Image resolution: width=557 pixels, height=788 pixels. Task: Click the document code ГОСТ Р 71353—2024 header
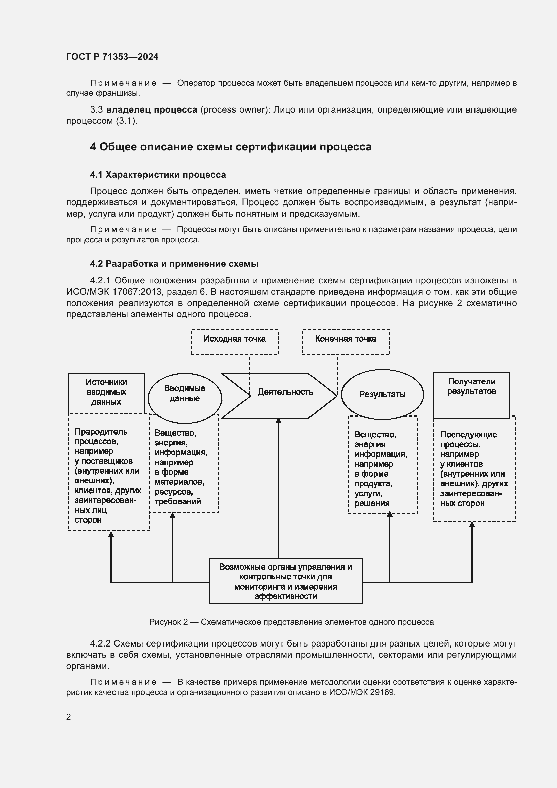(112, 57)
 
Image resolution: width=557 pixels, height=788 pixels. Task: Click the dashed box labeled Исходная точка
(235, 342)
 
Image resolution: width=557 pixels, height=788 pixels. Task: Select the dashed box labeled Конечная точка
(346, 342)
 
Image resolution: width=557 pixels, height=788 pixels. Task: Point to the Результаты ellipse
(382, 395)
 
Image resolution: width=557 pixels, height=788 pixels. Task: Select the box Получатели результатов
(471, 395)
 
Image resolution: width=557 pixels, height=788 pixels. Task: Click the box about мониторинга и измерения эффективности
(285, 581)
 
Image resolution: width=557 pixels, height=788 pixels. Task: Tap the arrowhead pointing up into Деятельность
(278, 421)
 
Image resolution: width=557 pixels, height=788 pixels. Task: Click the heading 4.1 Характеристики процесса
(158, 175)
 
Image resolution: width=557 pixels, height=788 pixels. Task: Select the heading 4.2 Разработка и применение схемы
(174, 264)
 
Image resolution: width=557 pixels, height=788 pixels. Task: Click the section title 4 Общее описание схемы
(230, 147)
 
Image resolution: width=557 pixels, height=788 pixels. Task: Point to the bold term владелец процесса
(152, 110)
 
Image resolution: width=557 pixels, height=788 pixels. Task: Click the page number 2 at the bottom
(69, 717)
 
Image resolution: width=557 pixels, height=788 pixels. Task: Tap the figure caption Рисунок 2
(291, 622)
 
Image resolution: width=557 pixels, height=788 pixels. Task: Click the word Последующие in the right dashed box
(468, 435)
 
